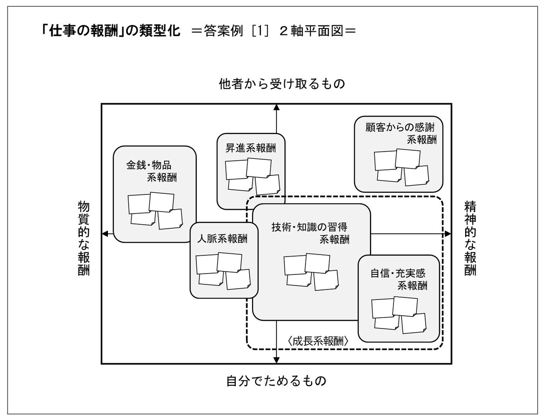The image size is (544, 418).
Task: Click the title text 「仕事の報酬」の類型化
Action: [x=111, y=31]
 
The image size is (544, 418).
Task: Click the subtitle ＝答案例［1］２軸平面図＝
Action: [x=273, y=31]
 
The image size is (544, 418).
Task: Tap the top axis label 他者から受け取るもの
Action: [x=282, y=83]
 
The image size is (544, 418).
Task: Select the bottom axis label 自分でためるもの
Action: [x=276, y=381]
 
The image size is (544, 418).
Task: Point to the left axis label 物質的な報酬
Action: [x=83, y=238]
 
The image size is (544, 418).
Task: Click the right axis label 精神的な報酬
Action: [x=470, y=238]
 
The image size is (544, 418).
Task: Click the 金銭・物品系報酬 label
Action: [x=151, y=171]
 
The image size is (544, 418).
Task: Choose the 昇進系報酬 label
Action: [x=251, y=148]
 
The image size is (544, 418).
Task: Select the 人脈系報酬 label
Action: [x=222, y=239]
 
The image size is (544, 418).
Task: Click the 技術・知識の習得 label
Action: [x=310, y=227]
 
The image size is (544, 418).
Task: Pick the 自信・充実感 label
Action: [x=398, y=273]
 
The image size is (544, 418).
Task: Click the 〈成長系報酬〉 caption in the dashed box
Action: [x=318, y=341]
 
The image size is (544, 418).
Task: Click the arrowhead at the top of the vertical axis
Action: [x=277, y=107]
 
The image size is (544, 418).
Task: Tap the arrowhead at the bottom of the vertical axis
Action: [x=277, y=360]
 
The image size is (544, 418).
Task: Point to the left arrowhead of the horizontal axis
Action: [x=105, y=234]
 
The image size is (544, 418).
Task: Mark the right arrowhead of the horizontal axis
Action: [x=447, y=234]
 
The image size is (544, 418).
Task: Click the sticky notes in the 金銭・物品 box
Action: [x=155, y=211]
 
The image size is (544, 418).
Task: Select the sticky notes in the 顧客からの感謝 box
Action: [x=402, y=167]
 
